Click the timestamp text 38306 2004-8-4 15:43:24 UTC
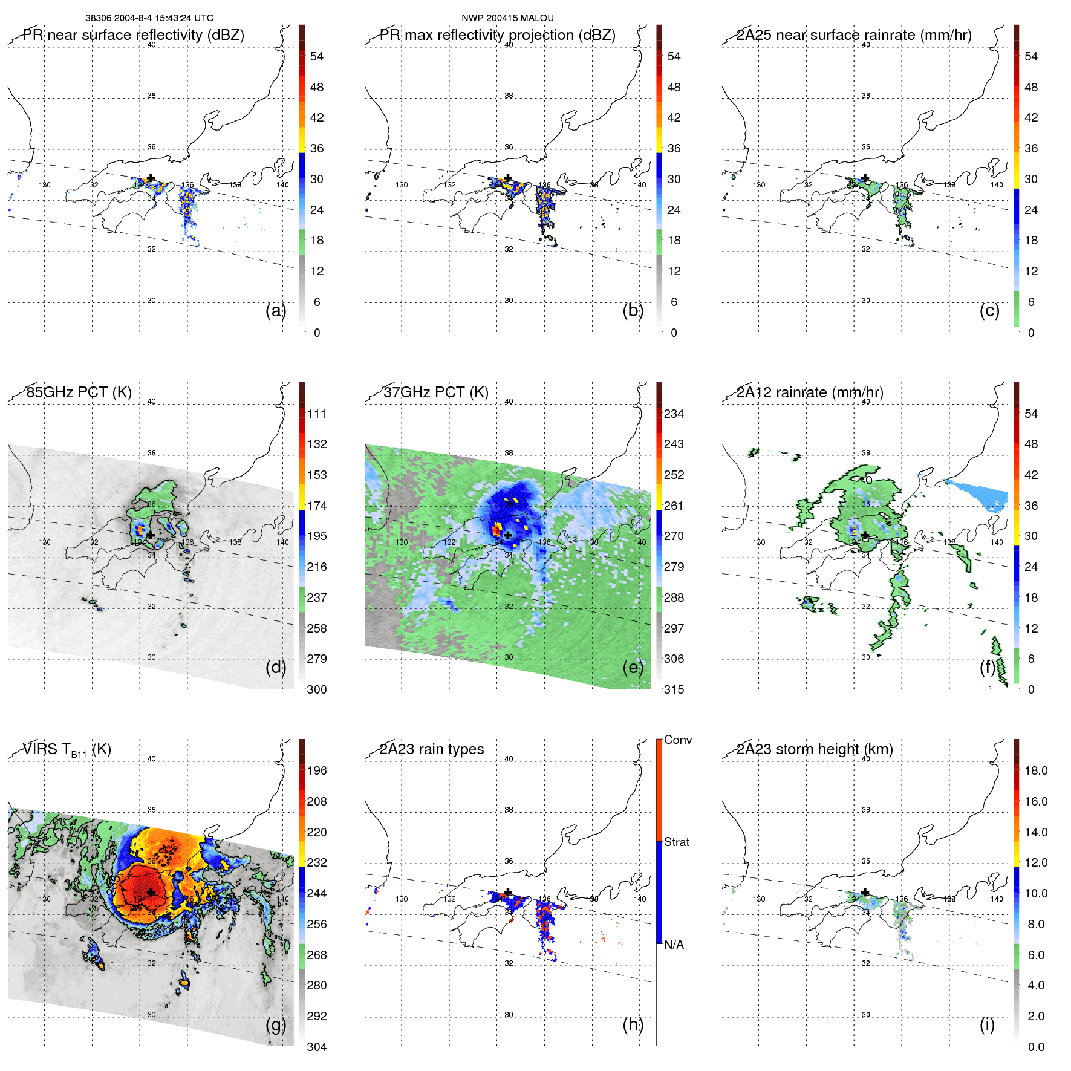coord(149,18)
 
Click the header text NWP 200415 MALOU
coord(507,18)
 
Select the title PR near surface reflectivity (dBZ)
coord(134,35)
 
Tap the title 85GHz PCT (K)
coord(79,392)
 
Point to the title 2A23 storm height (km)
coord(815,749)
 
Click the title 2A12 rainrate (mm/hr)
coord(810,392)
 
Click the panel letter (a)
coord(275,310)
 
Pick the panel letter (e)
coord(633,667)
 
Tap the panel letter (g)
coord(275,1024)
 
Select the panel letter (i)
coord(987,1024)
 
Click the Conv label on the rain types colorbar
coord(677,740)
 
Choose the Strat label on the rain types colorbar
coord(676,842)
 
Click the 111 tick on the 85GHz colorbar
coord(317,414)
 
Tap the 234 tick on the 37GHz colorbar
coord(674,414)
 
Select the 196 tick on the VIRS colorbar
coord(317,770)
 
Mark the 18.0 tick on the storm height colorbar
coord(1035,770)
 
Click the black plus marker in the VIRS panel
coord(151,892)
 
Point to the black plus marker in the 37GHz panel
coord(508,535)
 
